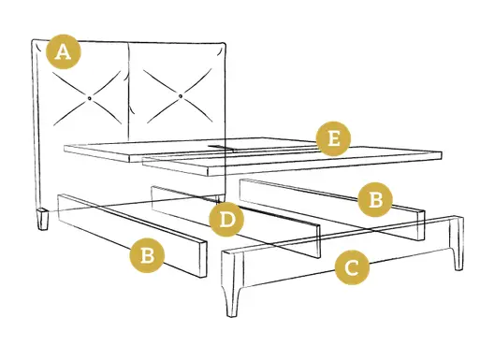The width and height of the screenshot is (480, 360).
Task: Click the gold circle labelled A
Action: point(64,51)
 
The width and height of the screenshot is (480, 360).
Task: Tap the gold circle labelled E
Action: point(333,138)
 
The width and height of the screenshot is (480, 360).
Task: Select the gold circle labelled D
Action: point(226,220)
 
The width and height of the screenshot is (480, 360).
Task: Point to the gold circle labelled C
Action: point(352,267)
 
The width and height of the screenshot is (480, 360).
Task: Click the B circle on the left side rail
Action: point(147,255)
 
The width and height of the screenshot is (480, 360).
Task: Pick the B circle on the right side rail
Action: point(375,199)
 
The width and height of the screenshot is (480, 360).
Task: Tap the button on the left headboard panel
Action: point(90,98)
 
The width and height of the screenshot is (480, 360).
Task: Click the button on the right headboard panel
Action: point(181,96)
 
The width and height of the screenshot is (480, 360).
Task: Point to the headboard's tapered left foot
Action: point(43,220)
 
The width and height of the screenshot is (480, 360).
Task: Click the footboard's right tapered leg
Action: point(458,243)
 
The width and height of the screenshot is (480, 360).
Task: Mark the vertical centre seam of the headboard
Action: point(129,92)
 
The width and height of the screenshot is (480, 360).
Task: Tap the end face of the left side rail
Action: point(203,259)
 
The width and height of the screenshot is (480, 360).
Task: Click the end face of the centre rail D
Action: point(318,241)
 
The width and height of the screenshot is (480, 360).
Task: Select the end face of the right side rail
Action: point(421,225)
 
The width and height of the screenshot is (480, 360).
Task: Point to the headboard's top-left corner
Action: point(33,40)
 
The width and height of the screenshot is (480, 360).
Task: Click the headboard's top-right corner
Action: point(225,43)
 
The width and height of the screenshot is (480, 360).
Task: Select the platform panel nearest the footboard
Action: point(293,162)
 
